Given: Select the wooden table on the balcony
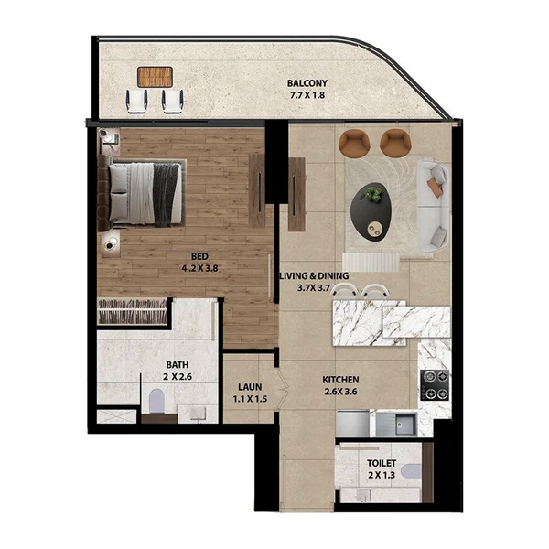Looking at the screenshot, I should [x=155, y=76].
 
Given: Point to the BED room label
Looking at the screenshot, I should [x=199, y=257].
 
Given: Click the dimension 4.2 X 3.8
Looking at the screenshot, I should [x=199, y=270].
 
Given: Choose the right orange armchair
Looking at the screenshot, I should [x=394, y=142].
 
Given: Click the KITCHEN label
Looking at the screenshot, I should [x=340, y=380].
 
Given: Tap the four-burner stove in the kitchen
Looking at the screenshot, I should [x=434, y=384].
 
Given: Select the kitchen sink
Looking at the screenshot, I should [x=403, y=424].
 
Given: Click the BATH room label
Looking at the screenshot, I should [x=178, y=363].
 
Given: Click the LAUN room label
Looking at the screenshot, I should [x=250, y=386].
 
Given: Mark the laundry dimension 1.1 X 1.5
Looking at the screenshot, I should [x=250, y=400].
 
